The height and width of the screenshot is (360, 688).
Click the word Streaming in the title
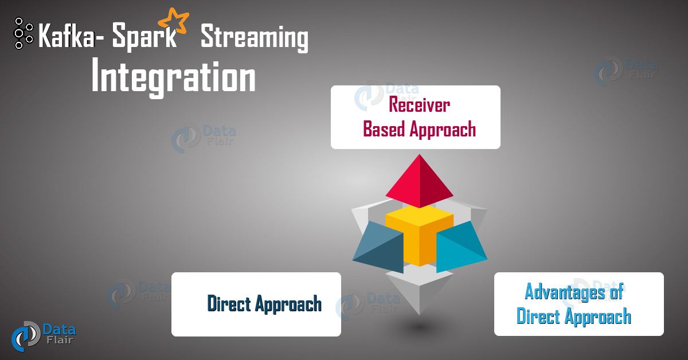point(254,39)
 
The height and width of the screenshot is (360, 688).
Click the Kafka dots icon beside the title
point(22,33)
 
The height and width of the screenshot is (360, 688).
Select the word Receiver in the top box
point(419,105)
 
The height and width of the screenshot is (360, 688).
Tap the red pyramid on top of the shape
point(417,182)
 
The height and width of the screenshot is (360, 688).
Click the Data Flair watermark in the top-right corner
point(625,71)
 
